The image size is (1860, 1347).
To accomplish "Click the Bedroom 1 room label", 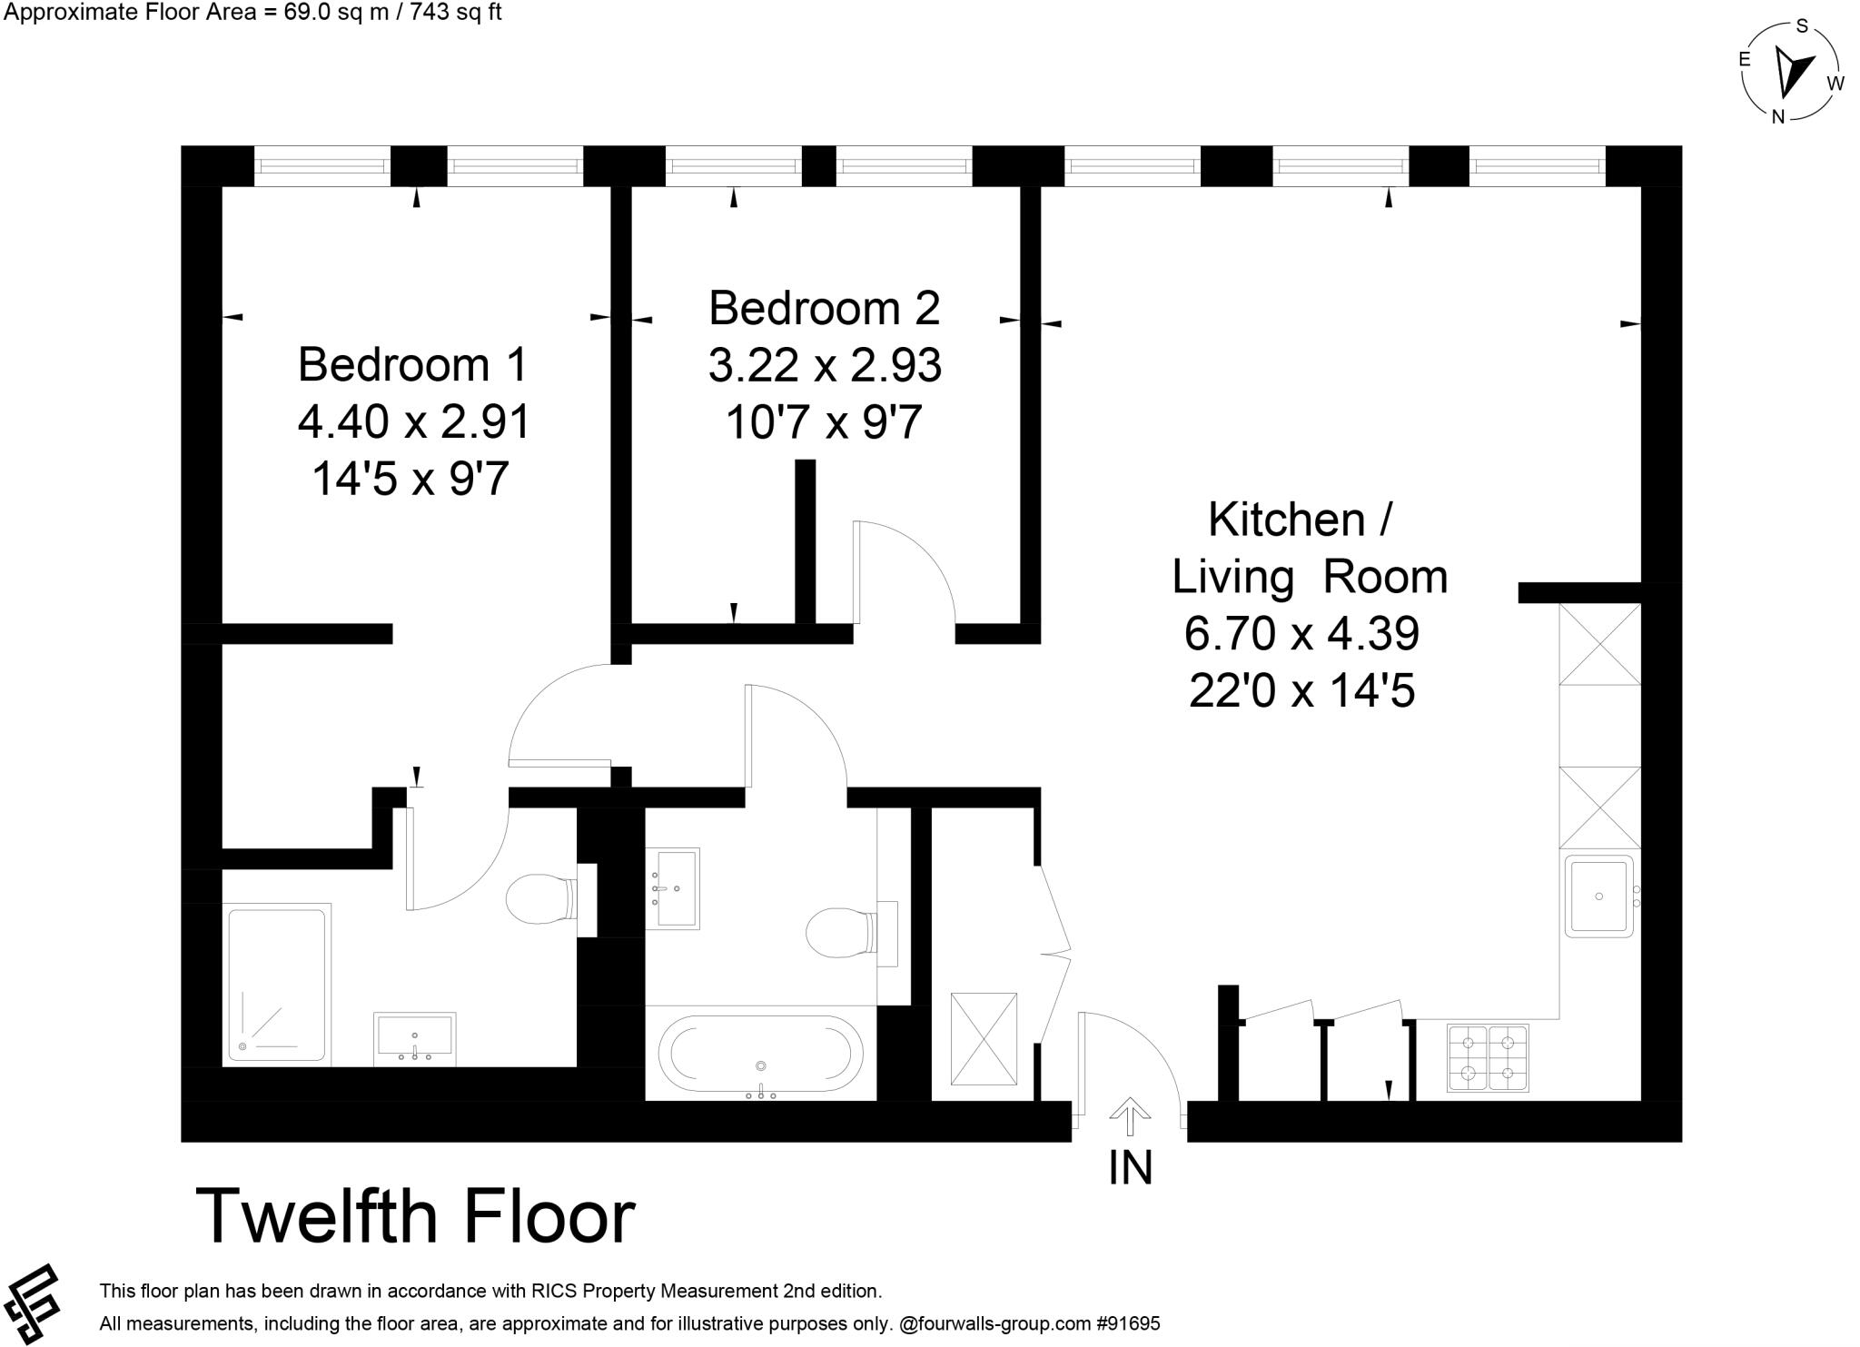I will click(x=412, y=364).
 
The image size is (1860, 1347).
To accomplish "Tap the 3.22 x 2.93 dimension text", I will click(x=825, y=365).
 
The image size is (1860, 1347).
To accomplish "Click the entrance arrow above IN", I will click(x=1130, y=1116).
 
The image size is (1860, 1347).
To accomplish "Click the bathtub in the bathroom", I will click(x=761, y=1054).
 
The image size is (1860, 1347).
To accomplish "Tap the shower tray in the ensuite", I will click(x=276, y=984).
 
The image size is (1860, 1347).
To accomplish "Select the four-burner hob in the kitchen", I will click(x=1487, y=1057).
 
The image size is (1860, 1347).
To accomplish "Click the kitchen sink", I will click(x=1599, y=896).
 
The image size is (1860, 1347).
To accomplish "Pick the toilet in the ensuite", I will click(x=541, y=899).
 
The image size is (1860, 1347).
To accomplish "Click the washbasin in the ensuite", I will click(x=414, y=1038).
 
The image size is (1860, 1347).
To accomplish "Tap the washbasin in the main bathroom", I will click(x=673, y=888).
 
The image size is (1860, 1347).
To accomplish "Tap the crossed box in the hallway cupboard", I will click(x=984, y=1038).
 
